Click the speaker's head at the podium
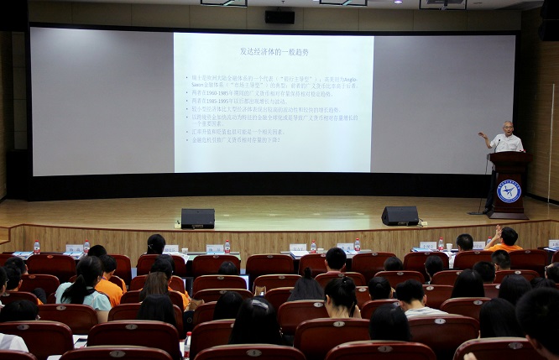506,127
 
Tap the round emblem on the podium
509,190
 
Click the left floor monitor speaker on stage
197,218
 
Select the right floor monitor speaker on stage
400,216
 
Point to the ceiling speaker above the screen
279,16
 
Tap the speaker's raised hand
482,134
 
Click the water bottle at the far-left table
36,247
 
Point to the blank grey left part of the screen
101,101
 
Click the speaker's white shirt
508,143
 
